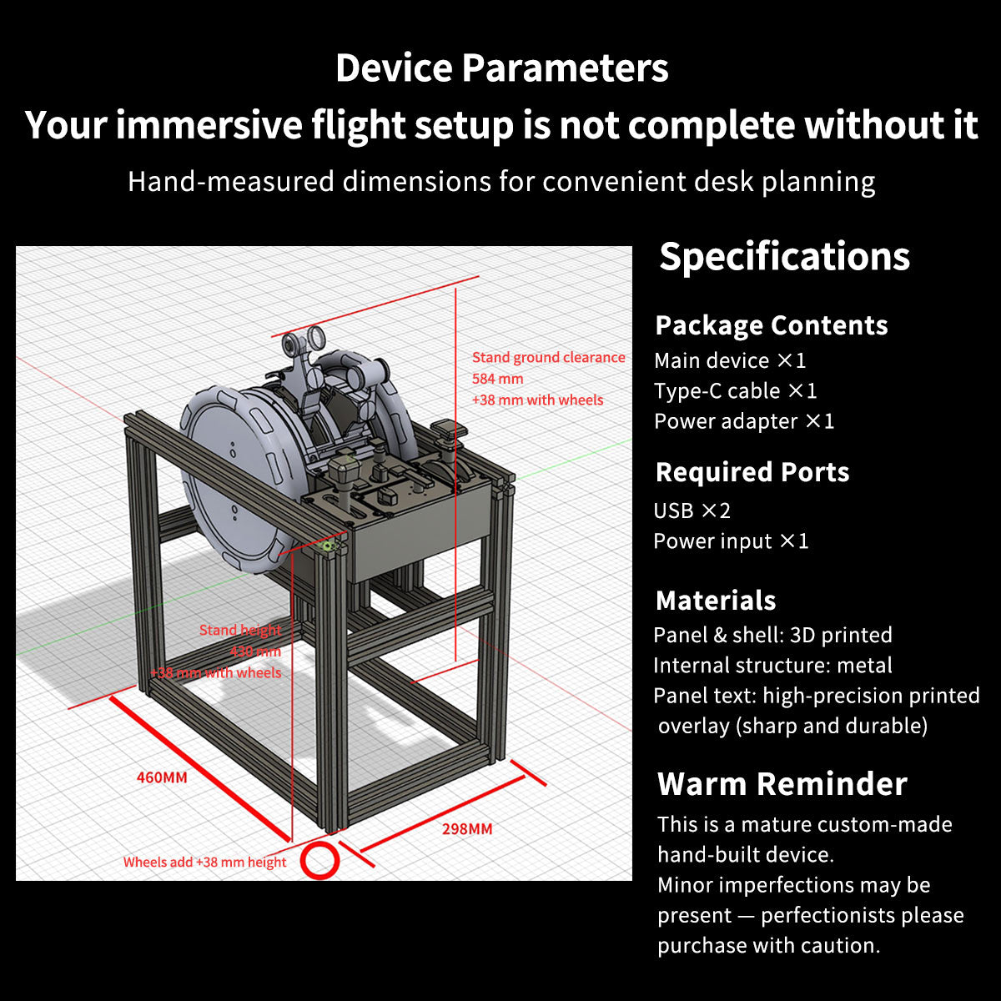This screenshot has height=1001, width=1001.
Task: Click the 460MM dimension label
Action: click(x=162, y=777)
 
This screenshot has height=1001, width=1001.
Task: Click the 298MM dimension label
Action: click(x=467, y=829)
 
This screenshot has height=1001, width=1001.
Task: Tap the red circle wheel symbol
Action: click(x=319, y=860)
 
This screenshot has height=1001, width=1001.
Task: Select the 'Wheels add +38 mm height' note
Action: click(x=204, y=863)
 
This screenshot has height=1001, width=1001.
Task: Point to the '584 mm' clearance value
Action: click(x=498, y=379)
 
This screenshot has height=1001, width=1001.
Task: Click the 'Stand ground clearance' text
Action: click(x=548, y=358)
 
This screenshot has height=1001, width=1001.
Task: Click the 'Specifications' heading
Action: click(x=784, y=256)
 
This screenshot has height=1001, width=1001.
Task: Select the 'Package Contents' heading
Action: click(x=772, y=325)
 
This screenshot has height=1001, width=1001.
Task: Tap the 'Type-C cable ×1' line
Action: click(x=735, y=391)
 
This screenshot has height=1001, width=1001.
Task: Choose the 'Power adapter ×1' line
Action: click(x=743, y=421)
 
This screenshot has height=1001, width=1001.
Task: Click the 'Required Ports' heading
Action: click(x=752, y=472)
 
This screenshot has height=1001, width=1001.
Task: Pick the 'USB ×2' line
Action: click(x=692, y=511)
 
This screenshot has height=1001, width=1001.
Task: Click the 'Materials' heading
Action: click(x=716, y=601)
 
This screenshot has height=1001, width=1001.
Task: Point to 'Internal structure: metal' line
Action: click(x=772, y=666)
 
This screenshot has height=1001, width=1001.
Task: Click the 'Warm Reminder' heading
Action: click(x=782, y=784)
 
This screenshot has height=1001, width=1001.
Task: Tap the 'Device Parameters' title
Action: click(x=501, y=68)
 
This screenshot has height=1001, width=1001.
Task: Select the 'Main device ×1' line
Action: click(x=730, y=361)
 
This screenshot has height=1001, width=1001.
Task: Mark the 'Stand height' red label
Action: click(x=240, y=631)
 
